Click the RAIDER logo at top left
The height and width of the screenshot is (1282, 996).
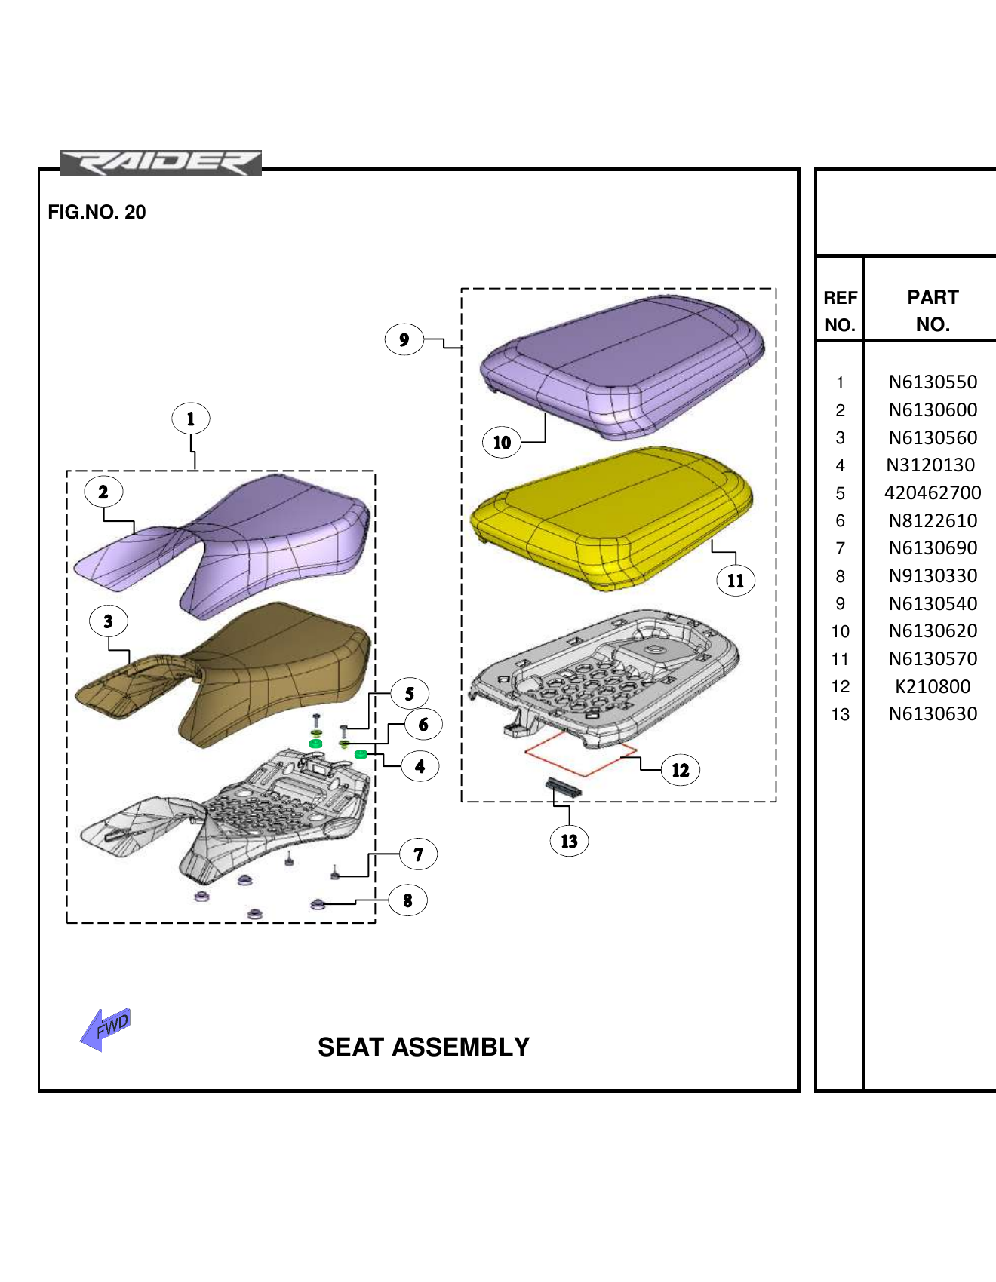click(161, 163)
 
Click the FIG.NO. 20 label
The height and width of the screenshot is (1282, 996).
click(97, 212)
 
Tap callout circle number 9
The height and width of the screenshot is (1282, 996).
click(404, 339)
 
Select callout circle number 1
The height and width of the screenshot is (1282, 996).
click(190, 419)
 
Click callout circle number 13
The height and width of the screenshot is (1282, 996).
click(569, 841)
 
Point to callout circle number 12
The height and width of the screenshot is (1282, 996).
click(680, 770)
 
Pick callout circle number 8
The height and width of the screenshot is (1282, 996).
click(407, 900)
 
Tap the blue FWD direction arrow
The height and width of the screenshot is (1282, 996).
click(106, 1029)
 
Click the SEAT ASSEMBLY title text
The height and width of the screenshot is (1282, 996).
click(423, 1047)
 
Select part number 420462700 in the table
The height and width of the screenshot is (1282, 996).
click(933, 493)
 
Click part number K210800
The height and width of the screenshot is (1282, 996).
click(933, 687)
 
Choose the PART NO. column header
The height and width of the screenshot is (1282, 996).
click(933, 311)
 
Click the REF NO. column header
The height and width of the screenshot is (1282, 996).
click(840, 311)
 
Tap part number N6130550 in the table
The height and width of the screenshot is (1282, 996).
click(933, 382)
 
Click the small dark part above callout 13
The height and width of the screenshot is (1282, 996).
click(564, 787)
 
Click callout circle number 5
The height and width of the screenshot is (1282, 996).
click(409, 694)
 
